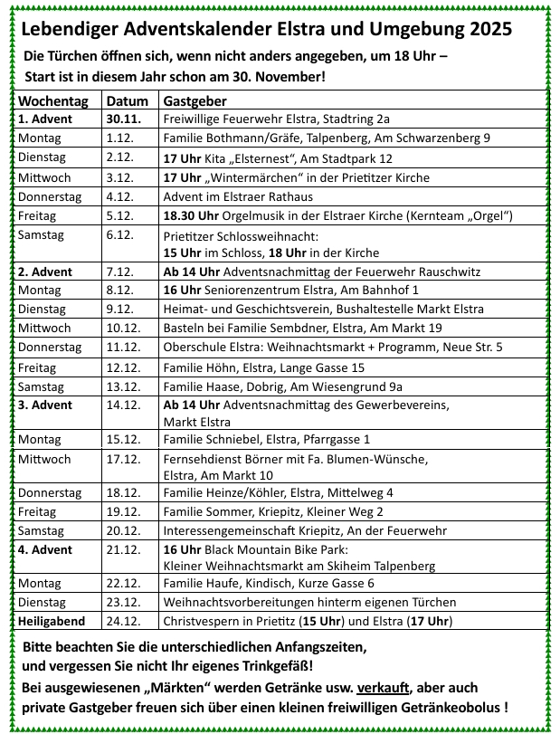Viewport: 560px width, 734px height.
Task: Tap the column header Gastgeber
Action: (x=195, y=100)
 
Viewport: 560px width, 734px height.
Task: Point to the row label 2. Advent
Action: (x=45, y=272)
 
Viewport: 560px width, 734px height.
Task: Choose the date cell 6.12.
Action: (x=119, y=234)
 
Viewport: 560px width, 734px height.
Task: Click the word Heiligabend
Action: (x=53, y=621)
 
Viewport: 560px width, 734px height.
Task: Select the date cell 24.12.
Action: (x=122, y=621)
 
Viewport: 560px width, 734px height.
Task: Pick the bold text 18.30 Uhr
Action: (x=192, y=215)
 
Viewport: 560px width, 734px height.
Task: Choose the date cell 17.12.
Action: (x=122, y=459)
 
